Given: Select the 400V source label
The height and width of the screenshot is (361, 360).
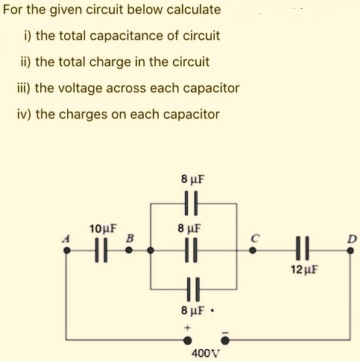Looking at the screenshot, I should point(203,353).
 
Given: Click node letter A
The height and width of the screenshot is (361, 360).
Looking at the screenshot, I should point(65,238).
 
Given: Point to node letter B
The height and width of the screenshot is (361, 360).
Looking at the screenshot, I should point(129,238).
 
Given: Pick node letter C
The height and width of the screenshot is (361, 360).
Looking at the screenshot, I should point(254,238).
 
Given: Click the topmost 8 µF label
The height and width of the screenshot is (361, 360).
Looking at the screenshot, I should point(192,179).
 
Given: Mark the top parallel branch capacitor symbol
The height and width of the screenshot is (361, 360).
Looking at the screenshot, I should point(192,202).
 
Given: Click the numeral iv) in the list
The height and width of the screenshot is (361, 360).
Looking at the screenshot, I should point(24,114).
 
